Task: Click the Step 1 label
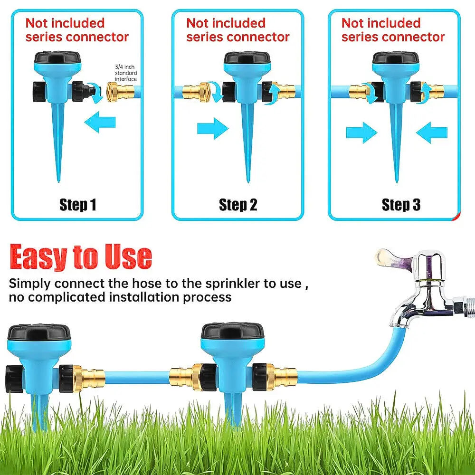point(77,205)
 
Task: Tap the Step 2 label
point(238,205)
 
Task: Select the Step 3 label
point(401,205)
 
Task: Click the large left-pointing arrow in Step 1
point(100,123)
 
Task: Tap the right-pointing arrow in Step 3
point(361,133)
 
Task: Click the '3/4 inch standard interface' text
point(125,73)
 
